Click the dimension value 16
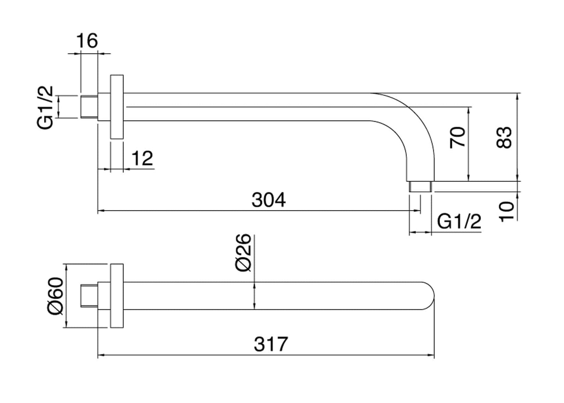click(87, 41)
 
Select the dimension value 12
click(142, 159)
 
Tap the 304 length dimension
click(269, 200)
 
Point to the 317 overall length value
click(270, 344)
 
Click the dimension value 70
click(458, 137)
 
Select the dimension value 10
click(507, 211)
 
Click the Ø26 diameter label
click(244, 253)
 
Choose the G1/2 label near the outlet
click(459, 221)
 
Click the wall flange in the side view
click(117, 107)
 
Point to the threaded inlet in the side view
click(88, 106)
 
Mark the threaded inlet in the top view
click(88, 296)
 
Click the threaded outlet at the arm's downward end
click(420, 187)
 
